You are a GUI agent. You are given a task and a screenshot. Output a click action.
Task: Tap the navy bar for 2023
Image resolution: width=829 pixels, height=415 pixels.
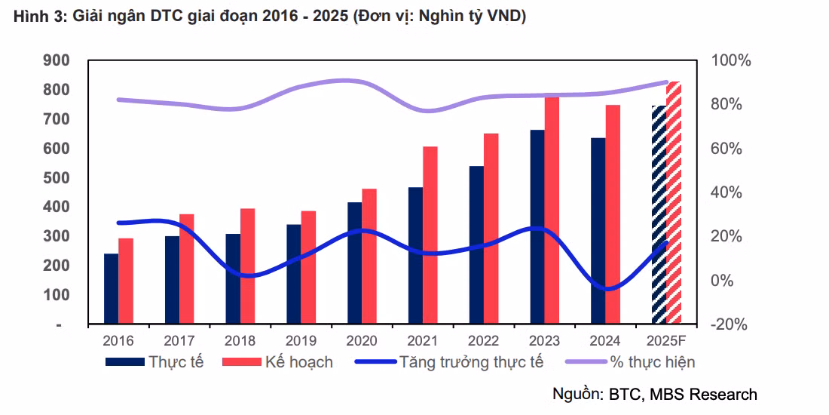[x=537, y=227]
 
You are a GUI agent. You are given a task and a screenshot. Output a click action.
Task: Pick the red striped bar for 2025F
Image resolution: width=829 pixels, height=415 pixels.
[x=674, y=203]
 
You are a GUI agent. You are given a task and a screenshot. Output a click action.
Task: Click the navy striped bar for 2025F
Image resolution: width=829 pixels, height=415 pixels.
[x=659, y=215]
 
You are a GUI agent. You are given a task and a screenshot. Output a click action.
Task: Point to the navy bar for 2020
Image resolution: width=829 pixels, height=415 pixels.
[x=354, y=263]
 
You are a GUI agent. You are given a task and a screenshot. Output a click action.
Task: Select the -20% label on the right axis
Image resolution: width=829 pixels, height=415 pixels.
[x=729, y=324]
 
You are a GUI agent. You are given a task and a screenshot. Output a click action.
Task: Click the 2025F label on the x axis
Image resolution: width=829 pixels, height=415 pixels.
[x=666, y=340]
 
